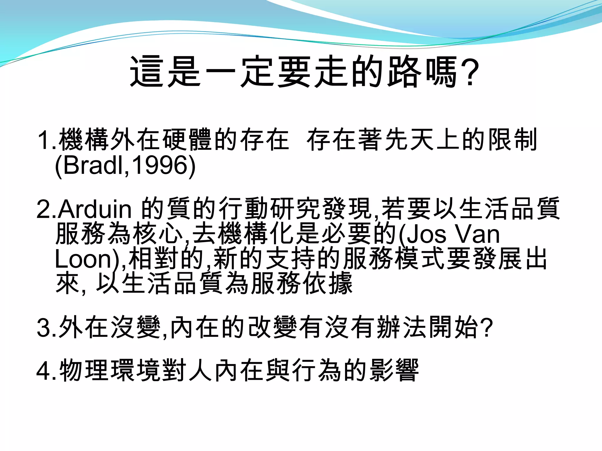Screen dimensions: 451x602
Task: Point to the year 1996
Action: [x=158, y=165]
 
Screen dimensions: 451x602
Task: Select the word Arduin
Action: [x=94, y=209]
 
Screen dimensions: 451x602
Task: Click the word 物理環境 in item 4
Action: [x=110, y=370]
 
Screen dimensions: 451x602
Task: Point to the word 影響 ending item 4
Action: [x=394, y=370]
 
